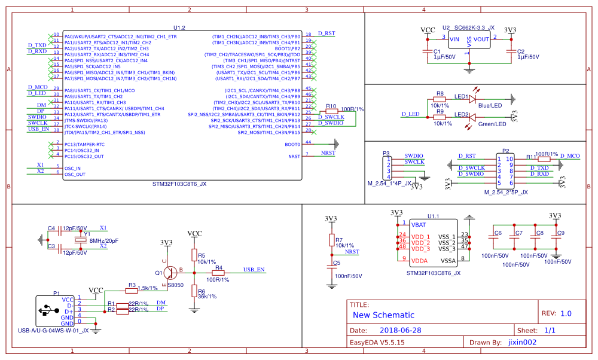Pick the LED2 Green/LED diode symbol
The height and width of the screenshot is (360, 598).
[472, 117]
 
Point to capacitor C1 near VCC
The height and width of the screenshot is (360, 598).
[427, 52]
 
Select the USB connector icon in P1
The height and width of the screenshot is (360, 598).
[46, 310]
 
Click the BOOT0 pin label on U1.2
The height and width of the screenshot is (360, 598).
[293, 144]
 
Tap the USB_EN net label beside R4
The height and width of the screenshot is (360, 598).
[254, 270]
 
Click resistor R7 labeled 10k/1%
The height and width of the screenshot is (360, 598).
[332, 240]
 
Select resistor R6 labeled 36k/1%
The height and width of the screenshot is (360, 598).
[194, 292]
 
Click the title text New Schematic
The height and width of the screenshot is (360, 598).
[383, 315]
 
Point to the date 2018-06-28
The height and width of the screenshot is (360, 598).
[401, 330]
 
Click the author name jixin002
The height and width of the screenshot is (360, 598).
[522, 343]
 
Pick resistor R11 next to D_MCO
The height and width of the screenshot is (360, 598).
[544, 159]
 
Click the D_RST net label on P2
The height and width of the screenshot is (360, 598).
[467, 156]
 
